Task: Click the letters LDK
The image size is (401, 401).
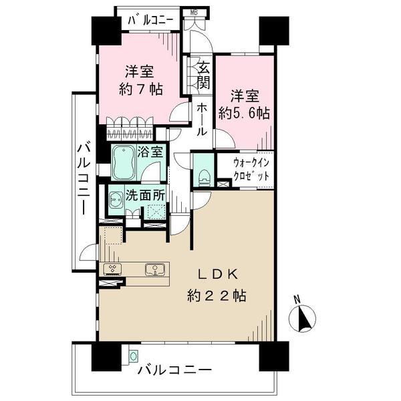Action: [215, 274]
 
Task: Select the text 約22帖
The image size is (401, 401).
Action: [216, 295]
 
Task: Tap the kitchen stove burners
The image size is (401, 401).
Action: [112, 269]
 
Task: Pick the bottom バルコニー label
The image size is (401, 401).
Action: [174, 369]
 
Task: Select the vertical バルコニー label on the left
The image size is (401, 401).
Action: [84, 178]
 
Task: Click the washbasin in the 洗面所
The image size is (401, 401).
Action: [116, 202]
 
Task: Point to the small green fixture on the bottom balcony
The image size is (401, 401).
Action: [134, 356]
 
